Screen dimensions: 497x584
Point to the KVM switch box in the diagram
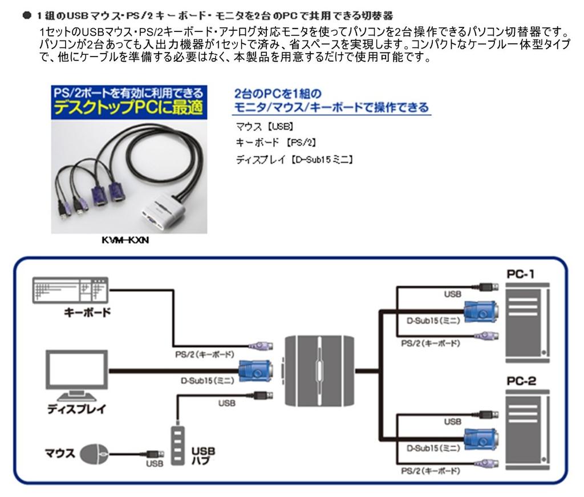[319, 371]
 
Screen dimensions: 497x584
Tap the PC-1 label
[521, 274]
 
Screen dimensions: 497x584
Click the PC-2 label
[521, 381]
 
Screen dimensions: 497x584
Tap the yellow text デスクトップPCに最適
[129, 108]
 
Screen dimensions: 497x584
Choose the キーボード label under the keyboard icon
[87, 314]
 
